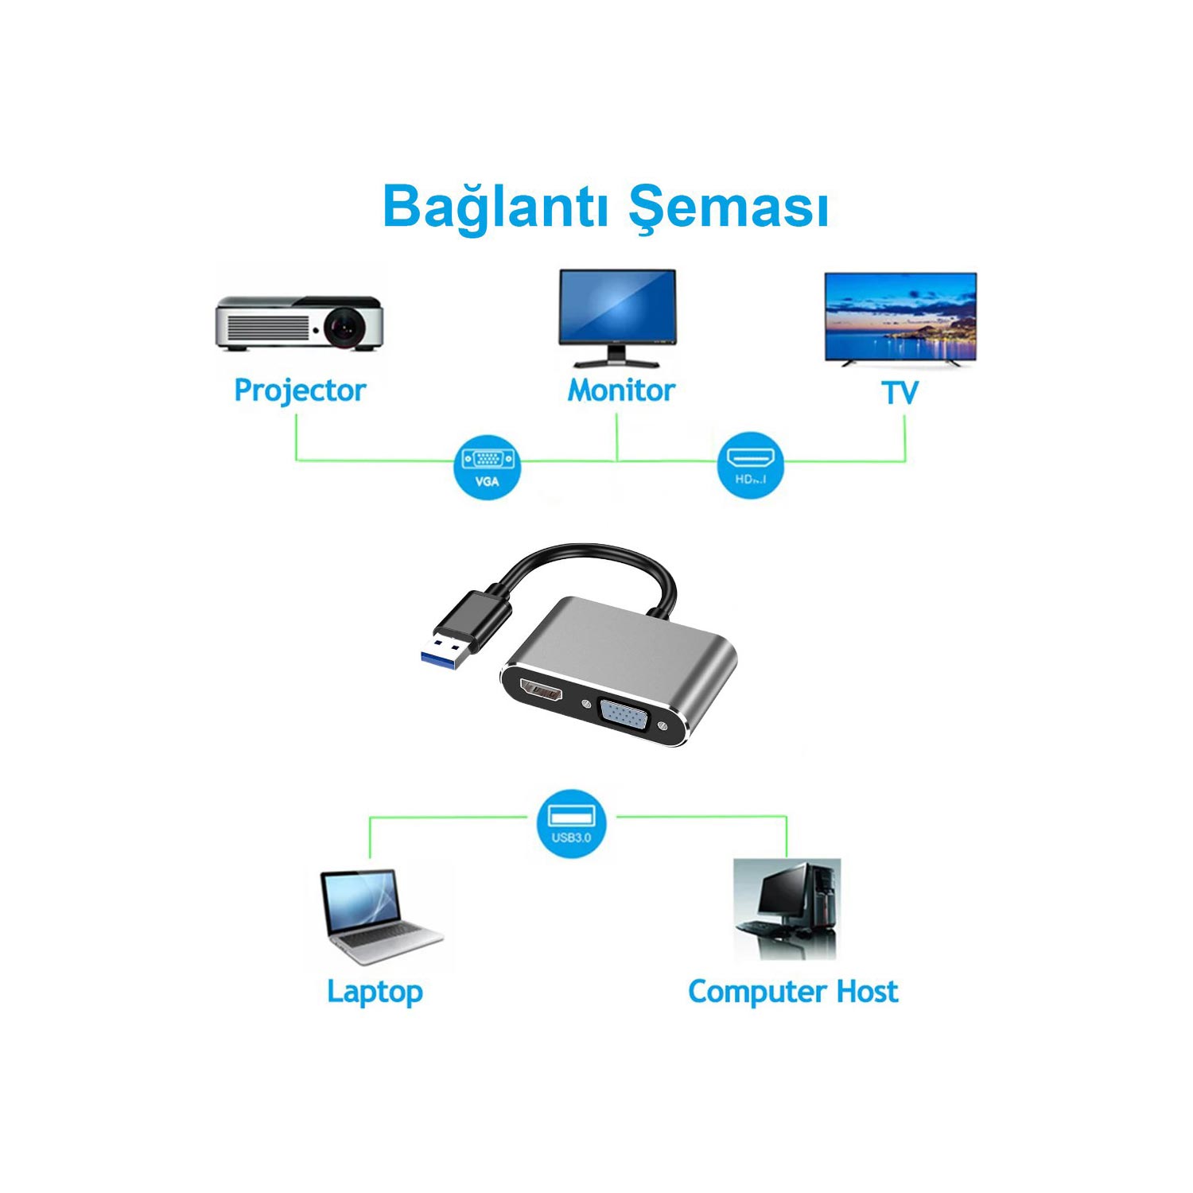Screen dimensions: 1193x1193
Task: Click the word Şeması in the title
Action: tap(728, 207)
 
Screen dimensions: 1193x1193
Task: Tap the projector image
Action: tap(299, 323)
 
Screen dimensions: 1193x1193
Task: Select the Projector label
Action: tap(299, 391)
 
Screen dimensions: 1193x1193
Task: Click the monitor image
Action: tap(617, 317)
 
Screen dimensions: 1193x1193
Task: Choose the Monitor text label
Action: tap(620, 391)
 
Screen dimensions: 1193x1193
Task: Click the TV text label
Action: tap(900, 392)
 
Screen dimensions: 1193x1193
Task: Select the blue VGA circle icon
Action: tap(487, 467)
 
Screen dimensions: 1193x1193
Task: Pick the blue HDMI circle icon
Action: tap(750, 465)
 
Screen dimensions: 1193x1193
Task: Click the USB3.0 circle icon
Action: tap(571, 823)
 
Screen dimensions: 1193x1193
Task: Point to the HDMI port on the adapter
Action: tap(542, 690)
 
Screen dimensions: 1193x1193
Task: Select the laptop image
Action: tap(379, 916)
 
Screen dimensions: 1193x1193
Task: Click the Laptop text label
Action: tap(375, 992)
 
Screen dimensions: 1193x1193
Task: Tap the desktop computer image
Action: tap(786, 908)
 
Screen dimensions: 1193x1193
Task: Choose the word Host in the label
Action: tap(867, 992)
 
